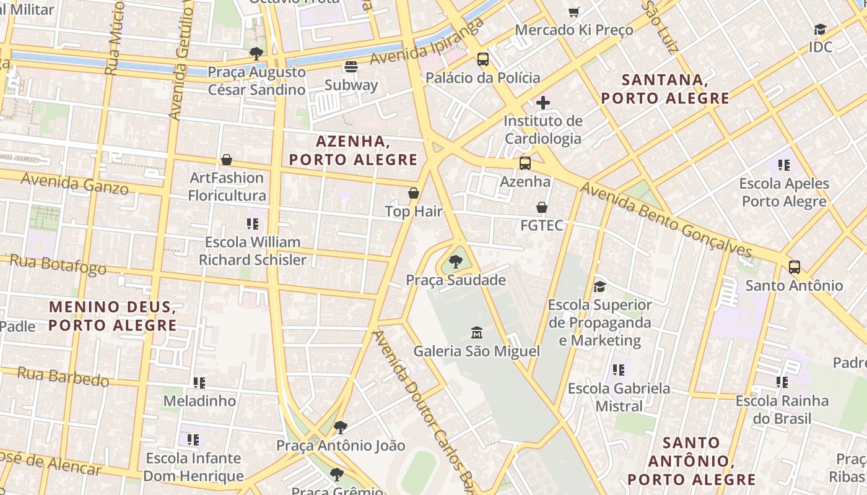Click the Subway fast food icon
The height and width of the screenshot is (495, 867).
coord(351,67)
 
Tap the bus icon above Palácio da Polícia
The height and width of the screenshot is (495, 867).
coord(483,59)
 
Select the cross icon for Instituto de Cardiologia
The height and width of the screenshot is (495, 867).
coord(543,102)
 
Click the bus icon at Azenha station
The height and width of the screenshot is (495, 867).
coord(525,163)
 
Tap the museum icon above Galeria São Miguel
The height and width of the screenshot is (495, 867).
coord(477,333)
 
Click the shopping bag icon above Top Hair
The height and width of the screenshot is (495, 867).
coord(414,194)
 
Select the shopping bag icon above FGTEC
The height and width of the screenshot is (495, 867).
coord(542,207)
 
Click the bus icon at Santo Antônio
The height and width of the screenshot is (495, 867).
coord(795,267)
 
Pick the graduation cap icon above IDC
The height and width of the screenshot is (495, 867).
coord(820,29)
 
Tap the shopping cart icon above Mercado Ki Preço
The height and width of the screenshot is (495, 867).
coord(574,12)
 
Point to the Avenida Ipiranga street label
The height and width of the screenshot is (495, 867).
coord(427,42)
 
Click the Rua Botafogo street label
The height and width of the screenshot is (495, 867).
coord(59,264)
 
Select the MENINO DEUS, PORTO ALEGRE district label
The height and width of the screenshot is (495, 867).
coord(112,316)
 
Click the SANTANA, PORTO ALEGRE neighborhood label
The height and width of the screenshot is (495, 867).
coord(665,89)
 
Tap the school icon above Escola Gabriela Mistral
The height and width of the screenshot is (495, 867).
coord(618,370)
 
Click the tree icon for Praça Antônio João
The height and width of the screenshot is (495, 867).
coord(340,427)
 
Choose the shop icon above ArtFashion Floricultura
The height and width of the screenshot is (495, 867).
coord(227,160)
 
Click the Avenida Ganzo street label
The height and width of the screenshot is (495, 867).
coord(74,183)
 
